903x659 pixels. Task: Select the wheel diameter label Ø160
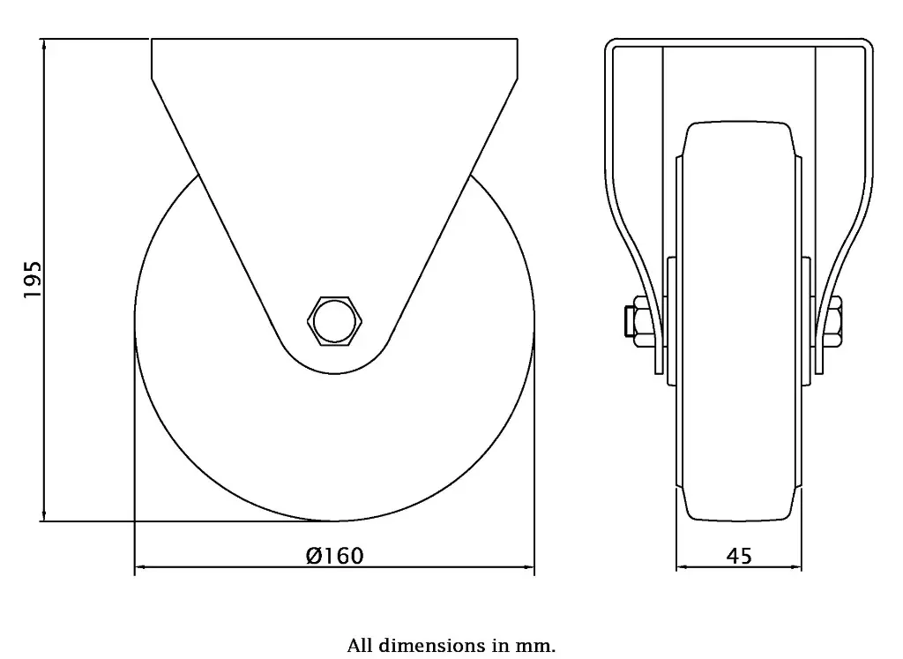(334, 556)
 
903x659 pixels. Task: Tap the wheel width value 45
(739, 556)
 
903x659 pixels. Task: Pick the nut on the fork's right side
(834, 319)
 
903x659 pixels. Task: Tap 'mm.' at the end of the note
(540, 646)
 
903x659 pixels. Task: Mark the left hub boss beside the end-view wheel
(671, 321)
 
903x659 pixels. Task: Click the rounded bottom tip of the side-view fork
(334, 368)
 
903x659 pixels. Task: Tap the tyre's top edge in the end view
(739, 123)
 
